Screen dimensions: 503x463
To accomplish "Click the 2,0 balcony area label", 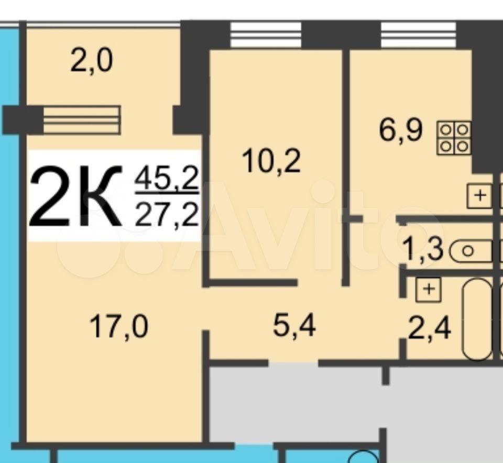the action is click(92, 62).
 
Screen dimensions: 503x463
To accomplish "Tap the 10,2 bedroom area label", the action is click(271, 162).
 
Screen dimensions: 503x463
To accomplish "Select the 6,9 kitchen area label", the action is click(401, 130).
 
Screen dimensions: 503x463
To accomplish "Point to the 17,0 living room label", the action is click(119, 327).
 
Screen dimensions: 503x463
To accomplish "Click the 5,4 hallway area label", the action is click(294, 327).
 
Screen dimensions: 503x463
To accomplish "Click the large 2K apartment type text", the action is click(76, 196).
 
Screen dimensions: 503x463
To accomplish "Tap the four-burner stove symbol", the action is click(454, 138).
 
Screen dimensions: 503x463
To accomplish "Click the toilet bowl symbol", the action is click(471, 251).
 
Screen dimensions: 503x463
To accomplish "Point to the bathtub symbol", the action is click(477, 319).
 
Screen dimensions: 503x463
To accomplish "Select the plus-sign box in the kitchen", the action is click(479, 195).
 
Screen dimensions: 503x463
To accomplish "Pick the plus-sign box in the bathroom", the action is click(429, 290).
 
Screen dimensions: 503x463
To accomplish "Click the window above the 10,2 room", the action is click(266, 35).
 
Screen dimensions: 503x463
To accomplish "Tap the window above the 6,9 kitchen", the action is click(418, 35).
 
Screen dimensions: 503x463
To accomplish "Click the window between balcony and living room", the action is click(82, 119).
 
